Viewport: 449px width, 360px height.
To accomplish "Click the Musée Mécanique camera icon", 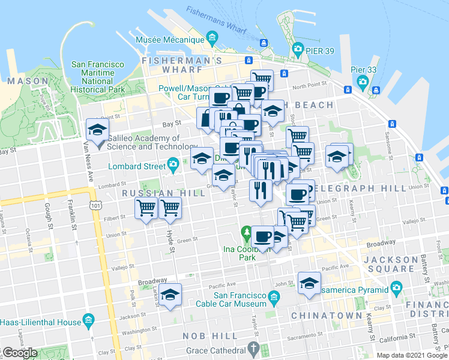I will [212, 40].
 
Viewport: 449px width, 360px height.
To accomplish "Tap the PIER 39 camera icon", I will [297, 48].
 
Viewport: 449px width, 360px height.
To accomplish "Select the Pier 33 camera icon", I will [363, 82].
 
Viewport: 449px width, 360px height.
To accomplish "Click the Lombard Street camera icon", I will [173, 164].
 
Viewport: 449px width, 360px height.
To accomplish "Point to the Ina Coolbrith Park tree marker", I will [246, 232].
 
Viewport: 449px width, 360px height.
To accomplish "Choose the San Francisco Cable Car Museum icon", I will [274, 296].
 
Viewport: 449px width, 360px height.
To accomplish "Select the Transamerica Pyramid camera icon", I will [396, 288].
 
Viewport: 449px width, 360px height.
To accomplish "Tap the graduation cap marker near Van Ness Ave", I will [96, 128].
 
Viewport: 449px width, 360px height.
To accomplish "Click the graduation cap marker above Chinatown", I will [309, 283].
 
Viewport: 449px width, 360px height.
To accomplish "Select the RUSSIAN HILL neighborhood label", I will [151, 193].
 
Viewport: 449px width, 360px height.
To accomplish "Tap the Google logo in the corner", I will [20, 353].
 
